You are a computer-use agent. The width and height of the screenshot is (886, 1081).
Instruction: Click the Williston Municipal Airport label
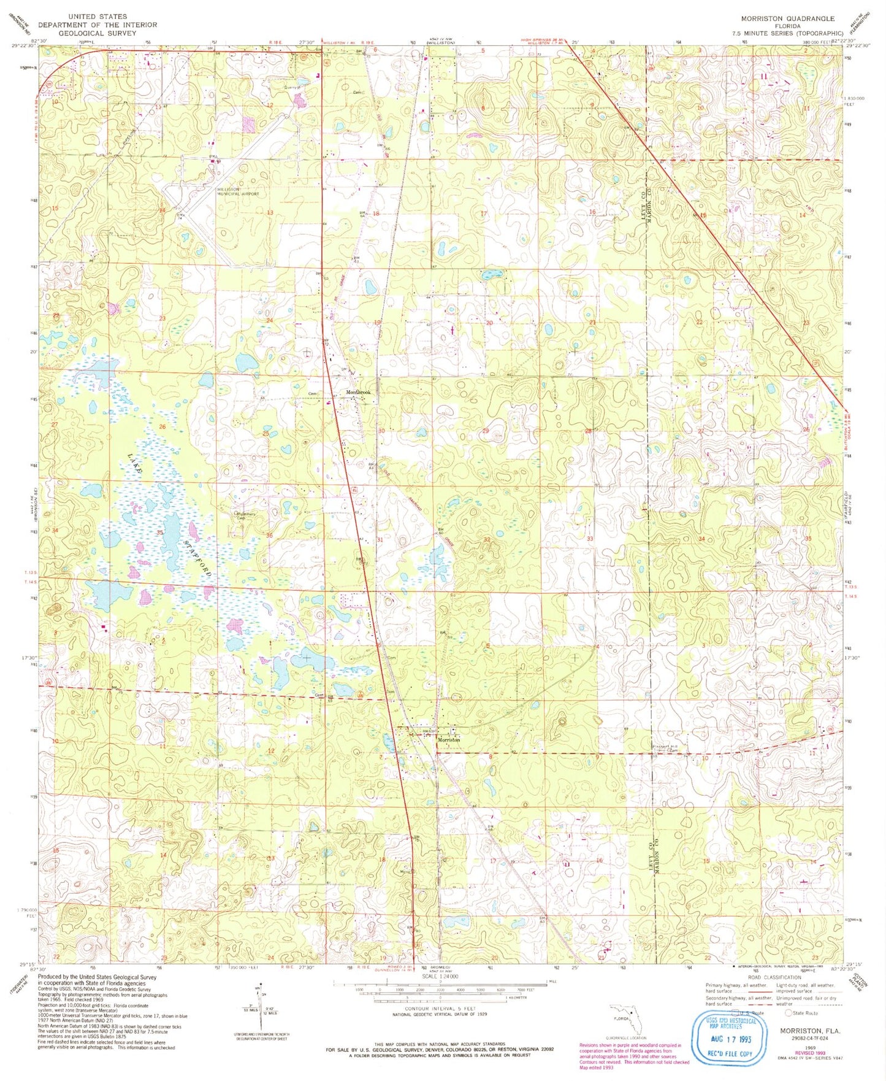pos(237,191)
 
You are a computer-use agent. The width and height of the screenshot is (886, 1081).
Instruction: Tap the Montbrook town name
pos(358,393)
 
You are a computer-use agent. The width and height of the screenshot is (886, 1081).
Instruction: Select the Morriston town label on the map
pos(448,740)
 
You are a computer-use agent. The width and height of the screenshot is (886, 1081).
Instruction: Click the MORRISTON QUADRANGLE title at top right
pos(787,18)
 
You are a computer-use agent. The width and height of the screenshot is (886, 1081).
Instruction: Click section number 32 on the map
pos(486,539)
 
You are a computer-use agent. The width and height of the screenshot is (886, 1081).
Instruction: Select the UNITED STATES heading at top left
pos(97,17)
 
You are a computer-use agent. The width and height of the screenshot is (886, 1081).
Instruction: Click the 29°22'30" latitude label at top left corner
pos(25,46)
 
